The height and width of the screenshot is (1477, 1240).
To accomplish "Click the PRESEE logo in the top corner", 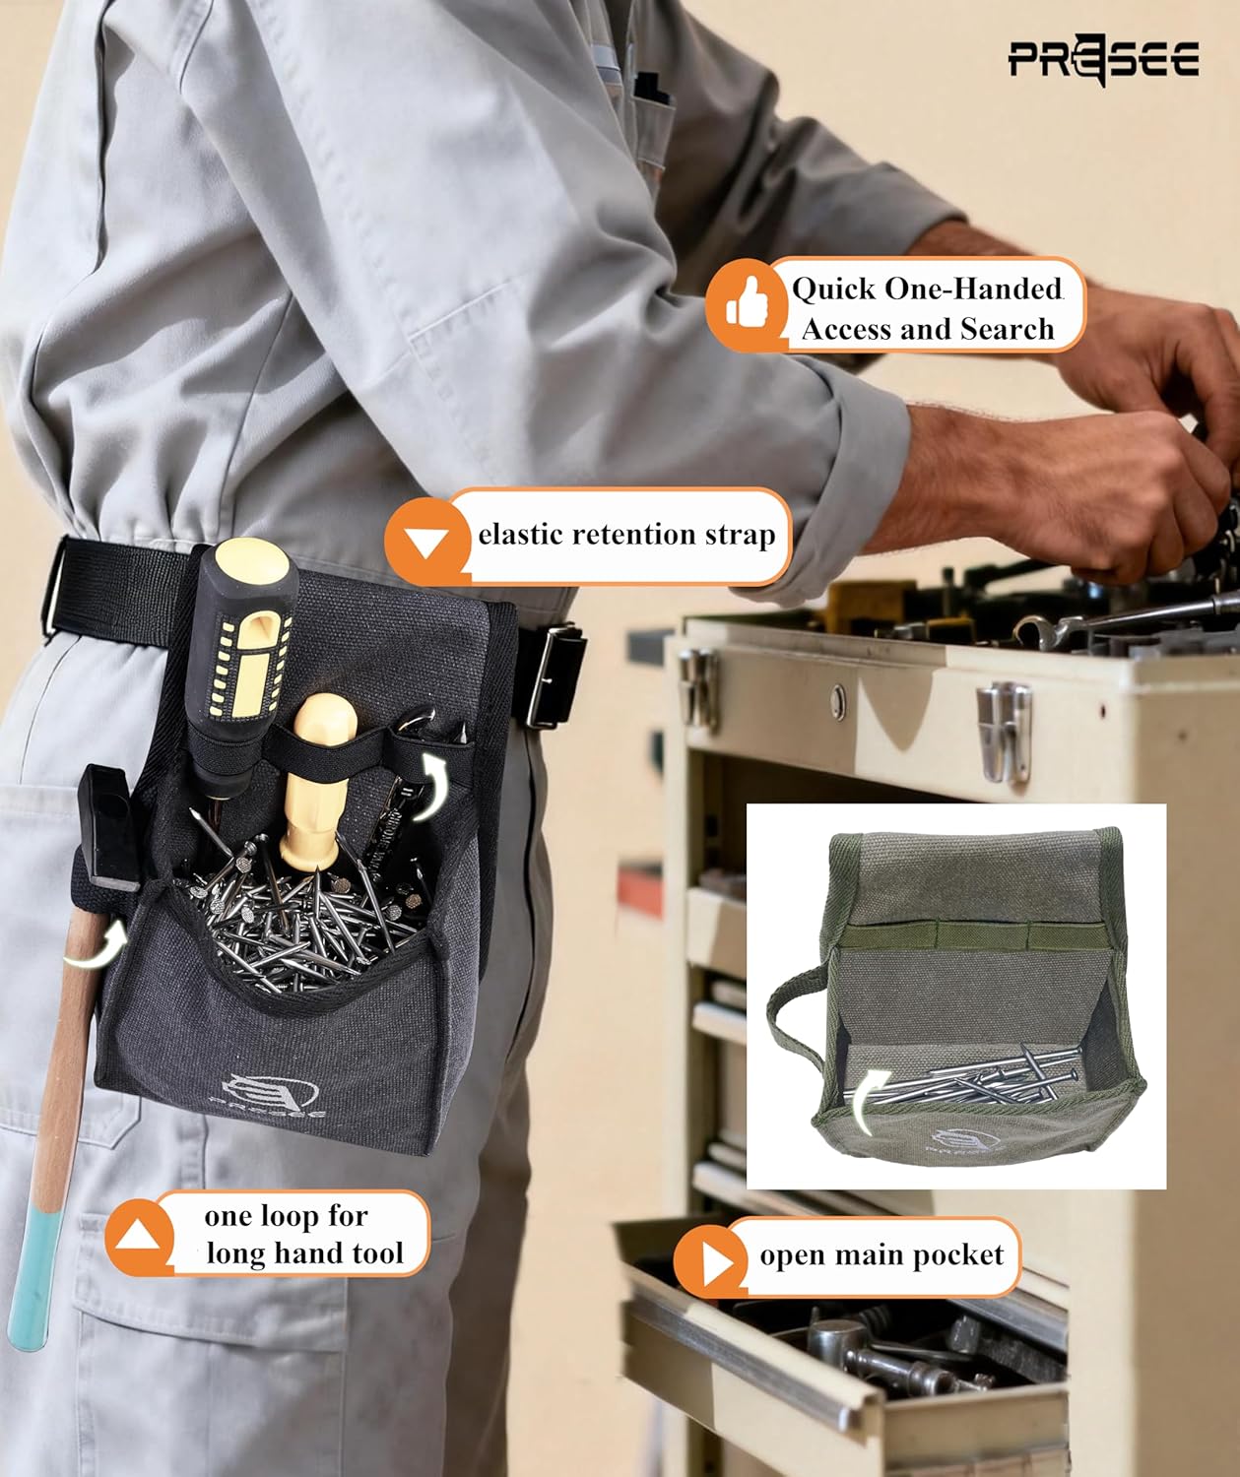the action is click(1103, 60).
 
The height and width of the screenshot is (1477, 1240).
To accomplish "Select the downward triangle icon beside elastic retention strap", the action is click(426, 542).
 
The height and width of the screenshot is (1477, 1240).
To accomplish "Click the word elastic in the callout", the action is click(520, 534).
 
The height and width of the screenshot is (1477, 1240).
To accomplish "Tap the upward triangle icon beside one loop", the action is click(139, 1237).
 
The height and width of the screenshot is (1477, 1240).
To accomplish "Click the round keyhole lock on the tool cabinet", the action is click(838, 702).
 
